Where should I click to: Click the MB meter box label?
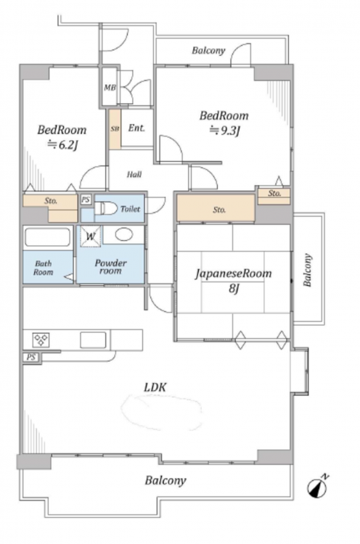pos(110,88)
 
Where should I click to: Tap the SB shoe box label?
pos(115,129)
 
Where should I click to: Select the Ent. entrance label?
pos(136,128)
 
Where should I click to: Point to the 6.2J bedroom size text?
pos(62,144)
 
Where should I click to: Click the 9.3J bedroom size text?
pos(224,131)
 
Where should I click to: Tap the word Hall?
pos(134,174)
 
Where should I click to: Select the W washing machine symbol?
pos(91,236)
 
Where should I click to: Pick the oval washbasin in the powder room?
pos(124,234)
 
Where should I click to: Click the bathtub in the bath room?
pos(48,237)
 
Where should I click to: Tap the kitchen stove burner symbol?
pos(41,340)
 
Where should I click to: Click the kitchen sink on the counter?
pos(93,340)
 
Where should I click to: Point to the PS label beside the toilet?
pos(86,199)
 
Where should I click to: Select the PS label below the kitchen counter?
pos(31,357)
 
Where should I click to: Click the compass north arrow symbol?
pos(317,487)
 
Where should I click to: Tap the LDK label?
pos(155,387)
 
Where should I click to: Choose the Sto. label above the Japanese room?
pos(219,210)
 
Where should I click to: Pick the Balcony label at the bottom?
pos(165,480)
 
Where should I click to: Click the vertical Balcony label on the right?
pos(307,271)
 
